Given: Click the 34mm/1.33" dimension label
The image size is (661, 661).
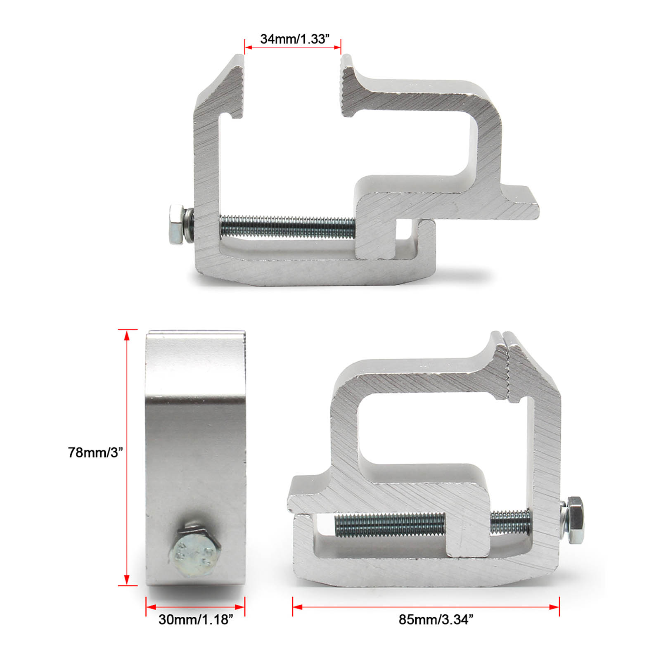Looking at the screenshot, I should (294, 39).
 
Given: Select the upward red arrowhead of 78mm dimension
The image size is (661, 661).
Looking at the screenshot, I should (127, 336).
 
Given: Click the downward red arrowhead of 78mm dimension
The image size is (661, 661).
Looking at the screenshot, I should (127, 579).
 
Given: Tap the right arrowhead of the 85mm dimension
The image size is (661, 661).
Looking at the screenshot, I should (554, 607).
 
